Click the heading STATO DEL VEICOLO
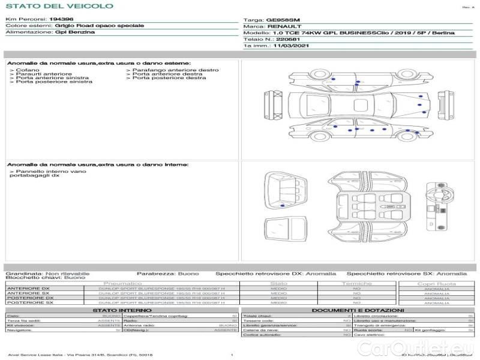point(59,6)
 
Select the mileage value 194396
point(61,19)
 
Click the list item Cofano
point(28,70)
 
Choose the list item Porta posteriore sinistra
point(54,82)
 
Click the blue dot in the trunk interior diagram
point(283,206)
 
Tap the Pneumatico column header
point(122,283)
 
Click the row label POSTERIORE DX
point(30,298)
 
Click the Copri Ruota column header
point(436,283)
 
